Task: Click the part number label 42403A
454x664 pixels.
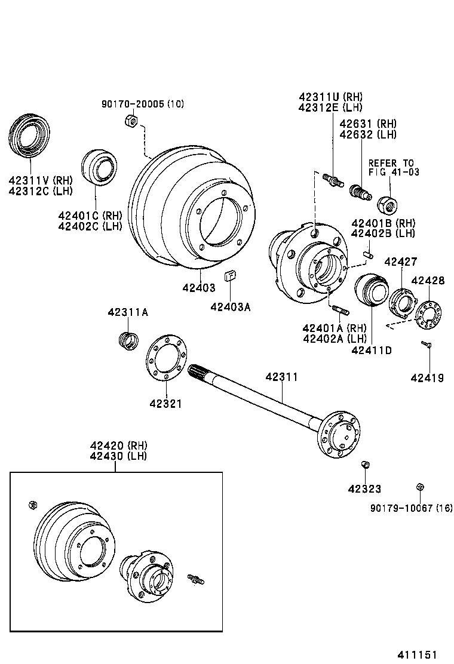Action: pos(230,307)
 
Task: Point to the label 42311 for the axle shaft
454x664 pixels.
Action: pos(281,377)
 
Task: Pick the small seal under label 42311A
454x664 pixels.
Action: pos(128,340)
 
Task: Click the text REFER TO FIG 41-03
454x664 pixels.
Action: pos(394,167)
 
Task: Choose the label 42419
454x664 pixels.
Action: pos(427,377)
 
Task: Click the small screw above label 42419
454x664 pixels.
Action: pos(427,345)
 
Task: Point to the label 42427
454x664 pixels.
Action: pos(401,262)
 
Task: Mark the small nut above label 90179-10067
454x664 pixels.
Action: pos(420,487)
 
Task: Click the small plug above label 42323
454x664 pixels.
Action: pos(366,465)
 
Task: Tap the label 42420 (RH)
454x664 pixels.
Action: pos(118,445)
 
